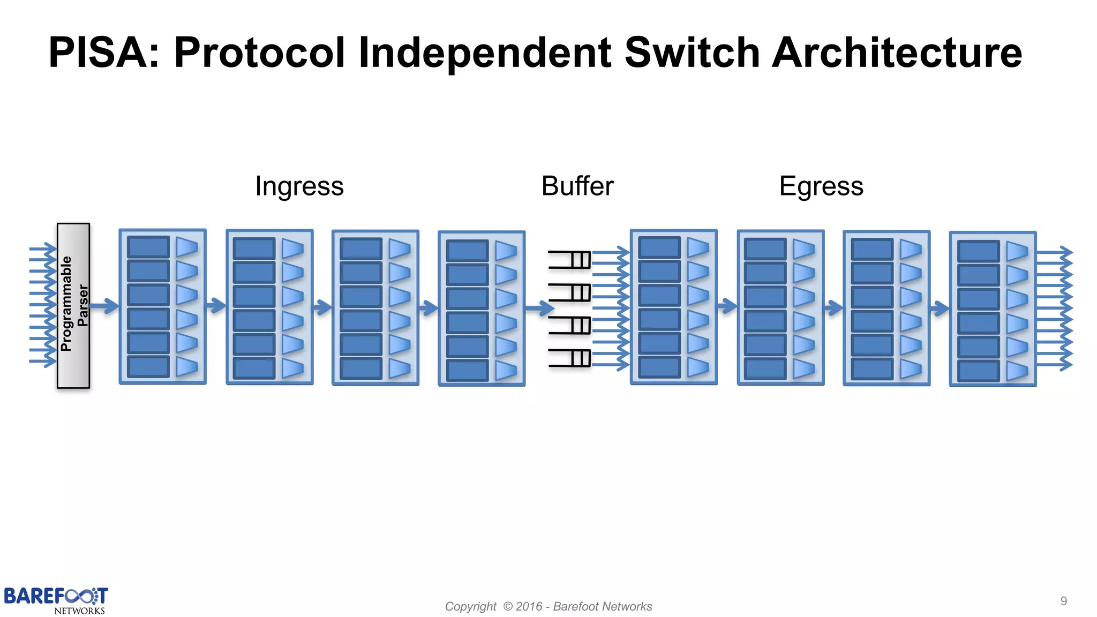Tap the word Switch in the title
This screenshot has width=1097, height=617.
[x=692, y=53]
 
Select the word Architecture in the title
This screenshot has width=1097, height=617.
[x=897, y=53]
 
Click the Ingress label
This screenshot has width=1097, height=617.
[x=299, y=186]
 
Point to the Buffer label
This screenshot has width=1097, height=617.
[x=577, y=186]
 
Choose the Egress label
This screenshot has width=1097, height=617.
[x=821, y=186]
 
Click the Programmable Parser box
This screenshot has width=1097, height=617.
[x=73, y=305]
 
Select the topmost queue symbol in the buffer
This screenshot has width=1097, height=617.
[x=570, y=260]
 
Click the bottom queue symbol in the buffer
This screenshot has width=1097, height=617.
[x=570, y=358]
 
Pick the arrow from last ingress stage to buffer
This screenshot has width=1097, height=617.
[x=539, y=308]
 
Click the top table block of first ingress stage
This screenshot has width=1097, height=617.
[x=148, y=247]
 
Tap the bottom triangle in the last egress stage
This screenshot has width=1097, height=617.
[x=1017, y=371]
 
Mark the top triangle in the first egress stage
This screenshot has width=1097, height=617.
[x=697, y=247]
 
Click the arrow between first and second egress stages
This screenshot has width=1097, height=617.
[x=727, y=306]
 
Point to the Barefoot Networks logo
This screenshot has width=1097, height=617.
[x=56, y=600]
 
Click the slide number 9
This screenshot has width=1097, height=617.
[x=1063, y=601]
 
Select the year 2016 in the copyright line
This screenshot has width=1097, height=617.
[x=529, y=606]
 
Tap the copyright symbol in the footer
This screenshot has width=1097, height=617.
[x=508, y=606]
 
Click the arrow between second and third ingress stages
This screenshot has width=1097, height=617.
[x=322, y=307]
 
